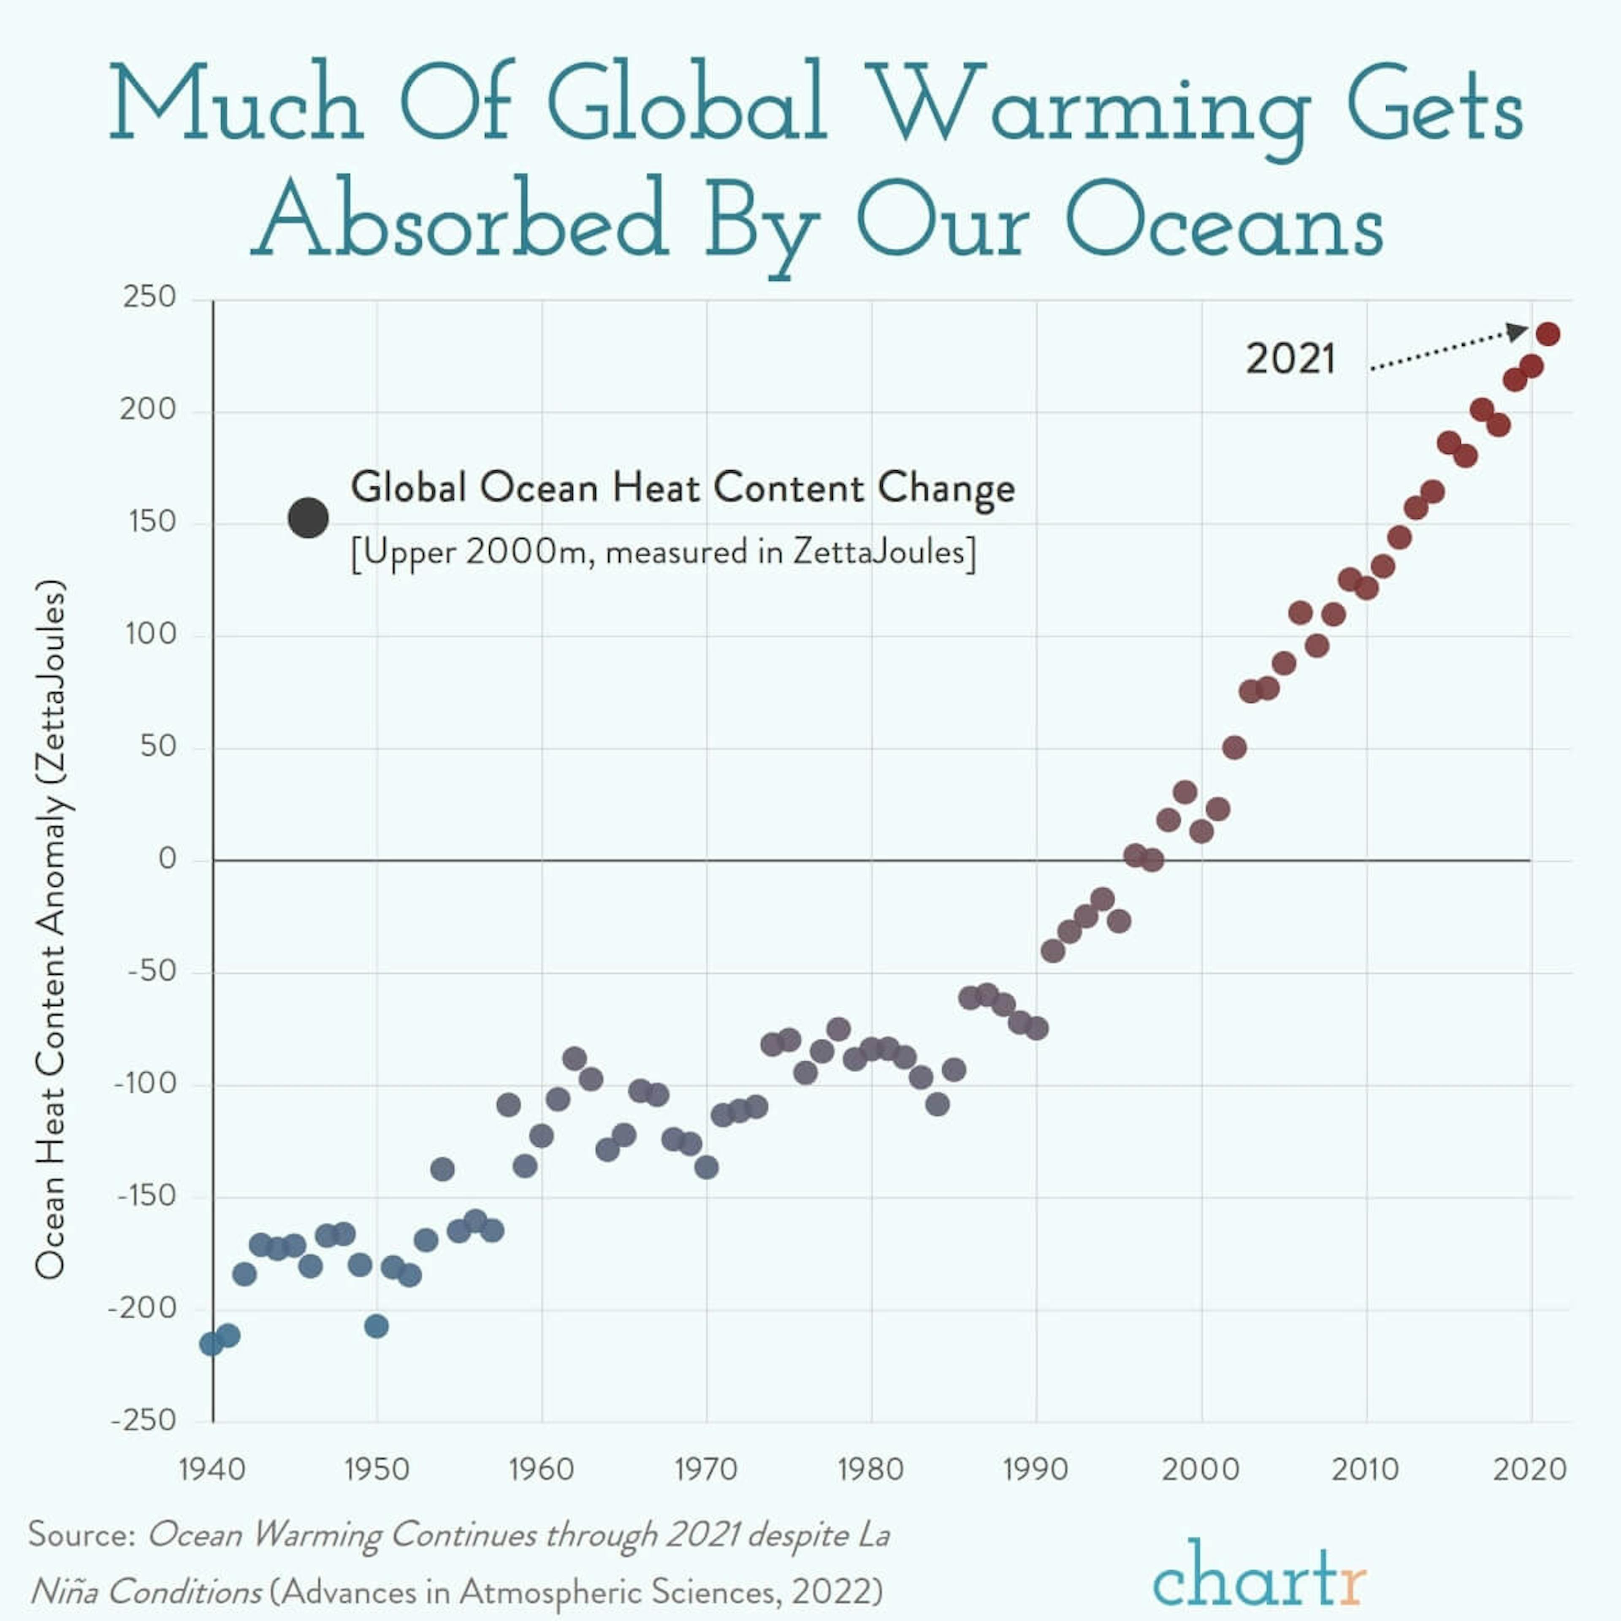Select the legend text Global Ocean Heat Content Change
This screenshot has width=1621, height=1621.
[x=682, y=488]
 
